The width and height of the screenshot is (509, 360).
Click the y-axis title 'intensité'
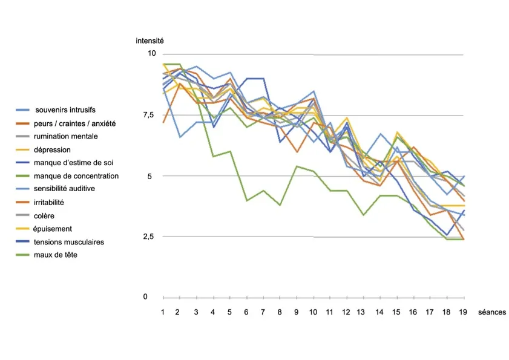point(149,41)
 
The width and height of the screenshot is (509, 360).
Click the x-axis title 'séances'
point(491,312)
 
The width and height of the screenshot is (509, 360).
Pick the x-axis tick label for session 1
point(163,312)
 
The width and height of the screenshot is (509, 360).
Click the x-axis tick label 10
point(314,312)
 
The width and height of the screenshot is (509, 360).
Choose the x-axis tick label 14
point(380,312)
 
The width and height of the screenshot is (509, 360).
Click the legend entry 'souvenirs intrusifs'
point(65,110)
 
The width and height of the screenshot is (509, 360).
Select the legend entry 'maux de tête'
point(56,255)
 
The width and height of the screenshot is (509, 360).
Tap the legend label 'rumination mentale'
point(67,137)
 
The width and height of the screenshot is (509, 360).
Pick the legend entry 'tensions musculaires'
point(70,242)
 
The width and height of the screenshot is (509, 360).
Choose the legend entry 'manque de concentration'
point(77,176)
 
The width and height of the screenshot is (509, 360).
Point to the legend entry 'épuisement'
point(54,229)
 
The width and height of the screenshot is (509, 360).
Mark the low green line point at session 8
point(280,205)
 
